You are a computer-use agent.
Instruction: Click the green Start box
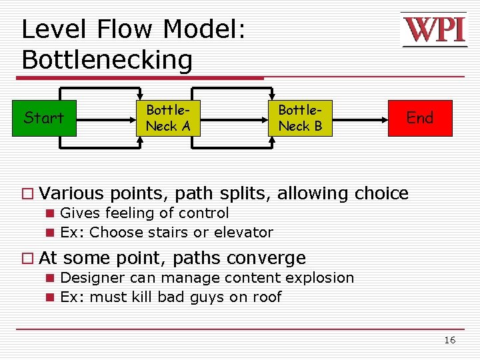click(44, 118)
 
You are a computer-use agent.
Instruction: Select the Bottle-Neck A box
click(168, 118)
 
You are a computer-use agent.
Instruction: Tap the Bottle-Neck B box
click(300, 118)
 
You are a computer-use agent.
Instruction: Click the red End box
click(420, 118)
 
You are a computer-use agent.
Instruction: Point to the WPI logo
click(434, 30)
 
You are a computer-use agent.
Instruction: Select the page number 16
click(450, 341)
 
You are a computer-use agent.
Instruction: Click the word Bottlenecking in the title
click(107, 61)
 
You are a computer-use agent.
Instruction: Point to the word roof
click(267, 297)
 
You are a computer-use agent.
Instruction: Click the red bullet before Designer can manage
click(49, 278)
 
